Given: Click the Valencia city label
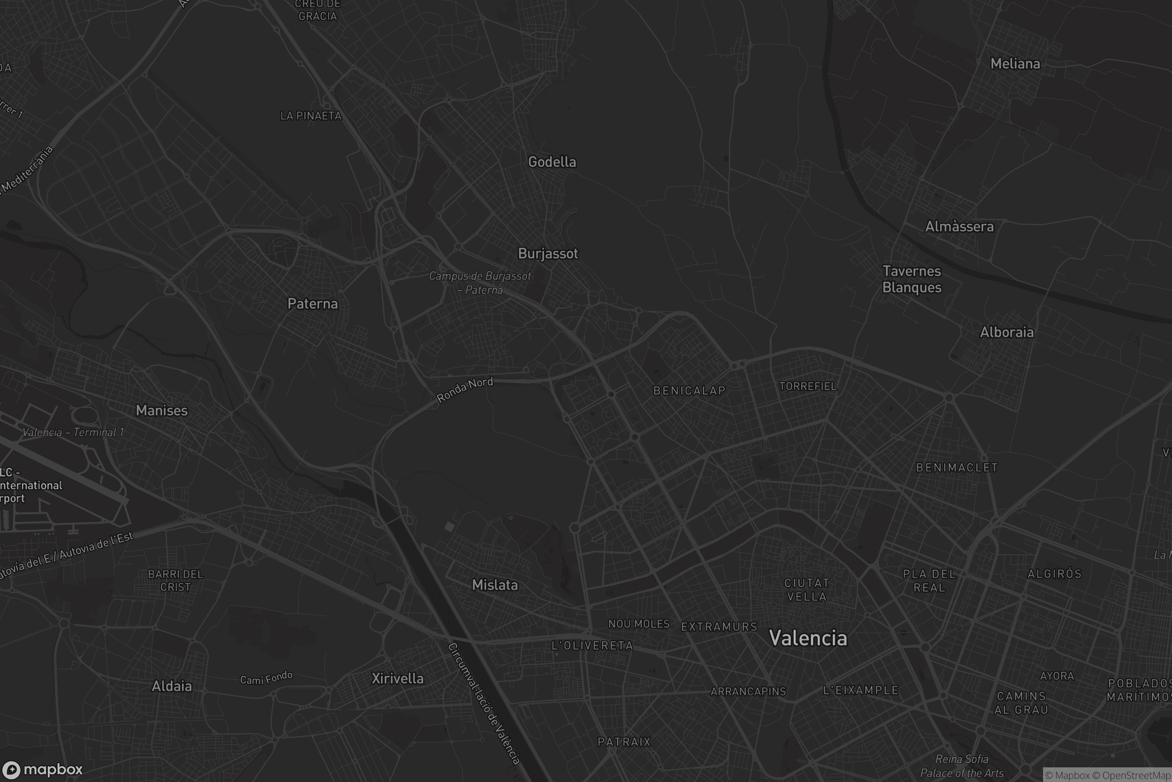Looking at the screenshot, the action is tap(808, 638).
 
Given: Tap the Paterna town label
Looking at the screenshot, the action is tap(313, 304).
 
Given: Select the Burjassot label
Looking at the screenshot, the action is tap(547, 253).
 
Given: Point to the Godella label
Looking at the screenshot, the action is tap(552, 162).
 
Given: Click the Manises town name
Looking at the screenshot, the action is tap(162, 411).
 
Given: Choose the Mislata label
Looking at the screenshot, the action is tap(495, 585).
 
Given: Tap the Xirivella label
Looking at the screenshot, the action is tap(398, 678).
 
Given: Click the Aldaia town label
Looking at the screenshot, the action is tap(171, 686).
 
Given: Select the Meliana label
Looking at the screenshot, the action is tap(1015, 64).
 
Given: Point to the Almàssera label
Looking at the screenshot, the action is tap(959, 227).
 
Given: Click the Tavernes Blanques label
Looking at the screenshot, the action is tap(912, 279).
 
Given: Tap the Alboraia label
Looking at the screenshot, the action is tap(1006, 333).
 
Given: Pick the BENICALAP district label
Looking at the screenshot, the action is tap(689, 391).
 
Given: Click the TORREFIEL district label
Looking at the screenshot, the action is tap(808, 387).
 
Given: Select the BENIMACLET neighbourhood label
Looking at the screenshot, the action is tap(957, 468).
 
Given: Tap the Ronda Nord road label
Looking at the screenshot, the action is tap(465, 390).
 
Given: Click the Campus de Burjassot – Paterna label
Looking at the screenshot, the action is tap(480, 283).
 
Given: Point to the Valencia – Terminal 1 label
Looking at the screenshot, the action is tap(73, 433).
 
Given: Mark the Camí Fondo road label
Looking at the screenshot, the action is tap(266, 678).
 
